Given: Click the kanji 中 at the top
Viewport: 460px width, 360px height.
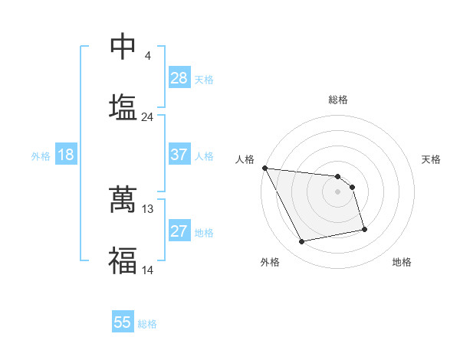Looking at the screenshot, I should pyautogui.click(x=123, y=47).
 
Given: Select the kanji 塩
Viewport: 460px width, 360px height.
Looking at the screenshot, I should pyautogui.click(x=123, y=106).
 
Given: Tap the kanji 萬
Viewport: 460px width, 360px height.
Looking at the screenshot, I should pyautogui.click(x=123, y=198).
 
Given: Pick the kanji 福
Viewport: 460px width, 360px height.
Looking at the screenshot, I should pyautogui.click(x=123, y=260).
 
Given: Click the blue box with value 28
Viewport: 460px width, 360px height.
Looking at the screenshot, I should pyautogui.click(x=179, y=78).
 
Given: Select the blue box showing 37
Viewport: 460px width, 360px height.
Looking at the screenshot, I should pyautogui.click(x=179, y=155).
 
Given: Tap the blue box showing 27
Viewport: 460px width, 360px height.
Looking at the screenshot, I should pyautogui.click(x=179, y=231).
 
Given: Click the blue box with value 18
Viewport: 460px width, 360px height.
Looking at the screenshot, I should pyautogui.click(x=66, y=155).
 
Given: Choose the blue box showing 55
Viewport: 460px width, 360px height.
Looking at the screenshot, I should pyautogui.click(x=123, y=322).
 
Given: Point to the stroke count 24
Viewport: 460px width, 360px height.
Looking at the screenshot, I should pyautogui.click(x=147, y=117).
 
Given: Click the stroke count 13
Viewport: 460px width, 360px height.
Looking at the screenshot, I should pyautogui.click(x=148, y=208).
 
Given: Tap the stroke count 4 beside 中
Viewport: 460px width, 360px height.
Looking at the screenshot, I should pyautogui.click(x=147, y=56).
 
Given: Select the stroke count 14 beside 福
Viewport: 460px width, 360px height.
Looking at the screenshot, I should pyautogui.click(x=148, y=270).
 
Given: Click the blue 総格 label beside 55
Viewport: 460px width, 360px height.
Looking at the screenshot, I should pyautogui.click(x=147, y=324).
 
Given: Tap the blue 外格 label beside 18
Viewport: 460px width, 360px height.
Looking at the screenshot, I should pyautogui.click(x=41, y=156).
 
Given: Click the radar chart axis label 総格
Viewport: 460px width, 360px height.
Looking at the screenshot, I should pyautogui.click(x=338, y=100).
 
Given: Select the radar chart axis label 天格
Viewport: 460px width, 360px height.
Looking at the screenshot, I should pyautogui.click(x=432, y=159).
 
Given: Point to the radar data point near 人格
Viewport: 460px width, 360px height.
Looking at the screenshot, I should pyautogui.click(x=264, y=168).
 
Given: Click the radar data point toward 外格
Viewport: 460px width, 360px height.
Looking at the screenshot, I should pyautogui.click(x=302, y=242).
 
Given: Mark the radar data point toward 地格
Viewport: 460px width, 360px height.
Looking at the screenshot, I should pyautogui.click(x=364, y=229).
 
